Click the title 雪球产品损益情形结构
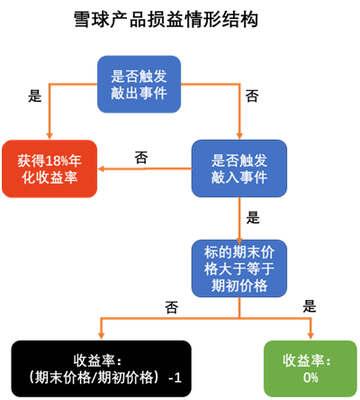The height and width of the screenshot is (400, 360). tap(166, 20)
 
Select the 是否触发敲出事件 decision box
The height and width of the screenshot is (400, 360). tap(139, 85)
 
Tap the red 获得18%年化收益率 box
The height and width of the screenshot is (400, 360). tap(49, 168)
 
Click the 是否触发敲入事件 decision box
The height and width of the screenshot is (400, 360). tap(239, 168)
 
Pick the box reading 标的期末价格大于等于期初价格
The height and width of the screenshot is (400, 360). tap(239, 268)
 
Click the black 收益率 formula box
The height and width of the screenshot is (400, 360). tap(102, 368)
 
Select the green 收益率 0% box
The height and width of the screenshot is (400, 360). tap(310, 368)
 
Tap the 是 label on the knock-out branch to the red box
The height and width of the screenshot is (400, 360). tap(35, 96)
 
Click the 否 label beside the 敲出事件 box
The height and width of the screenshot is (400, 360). tap(252, 96)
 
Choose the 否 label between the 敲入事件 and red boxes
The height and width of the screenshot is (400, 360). tap(141, 158)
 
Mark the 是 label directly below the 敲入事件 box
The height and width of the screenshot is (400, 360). tap(253, 217)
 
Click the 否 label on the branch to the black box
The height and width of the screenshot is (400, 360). tap(171, 307)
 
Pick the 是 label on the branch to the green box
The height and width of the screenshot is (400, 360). tap(310, 306)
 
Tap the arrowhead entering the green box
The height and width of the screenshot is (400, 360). tap(310, 336)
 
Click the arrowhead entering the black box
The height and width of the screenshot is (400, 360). tap(102, 336)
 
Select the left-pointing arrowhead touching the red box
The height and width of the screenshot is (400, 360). tap(102, 168)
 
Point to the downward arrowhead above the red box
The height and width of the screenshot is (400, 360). tap(49, 135)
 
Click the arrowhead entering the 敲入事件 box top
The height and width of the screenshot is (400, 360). tap(239, 135)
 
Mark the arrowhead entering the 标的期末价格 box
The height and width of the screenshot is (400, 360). tap(239, 240)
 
